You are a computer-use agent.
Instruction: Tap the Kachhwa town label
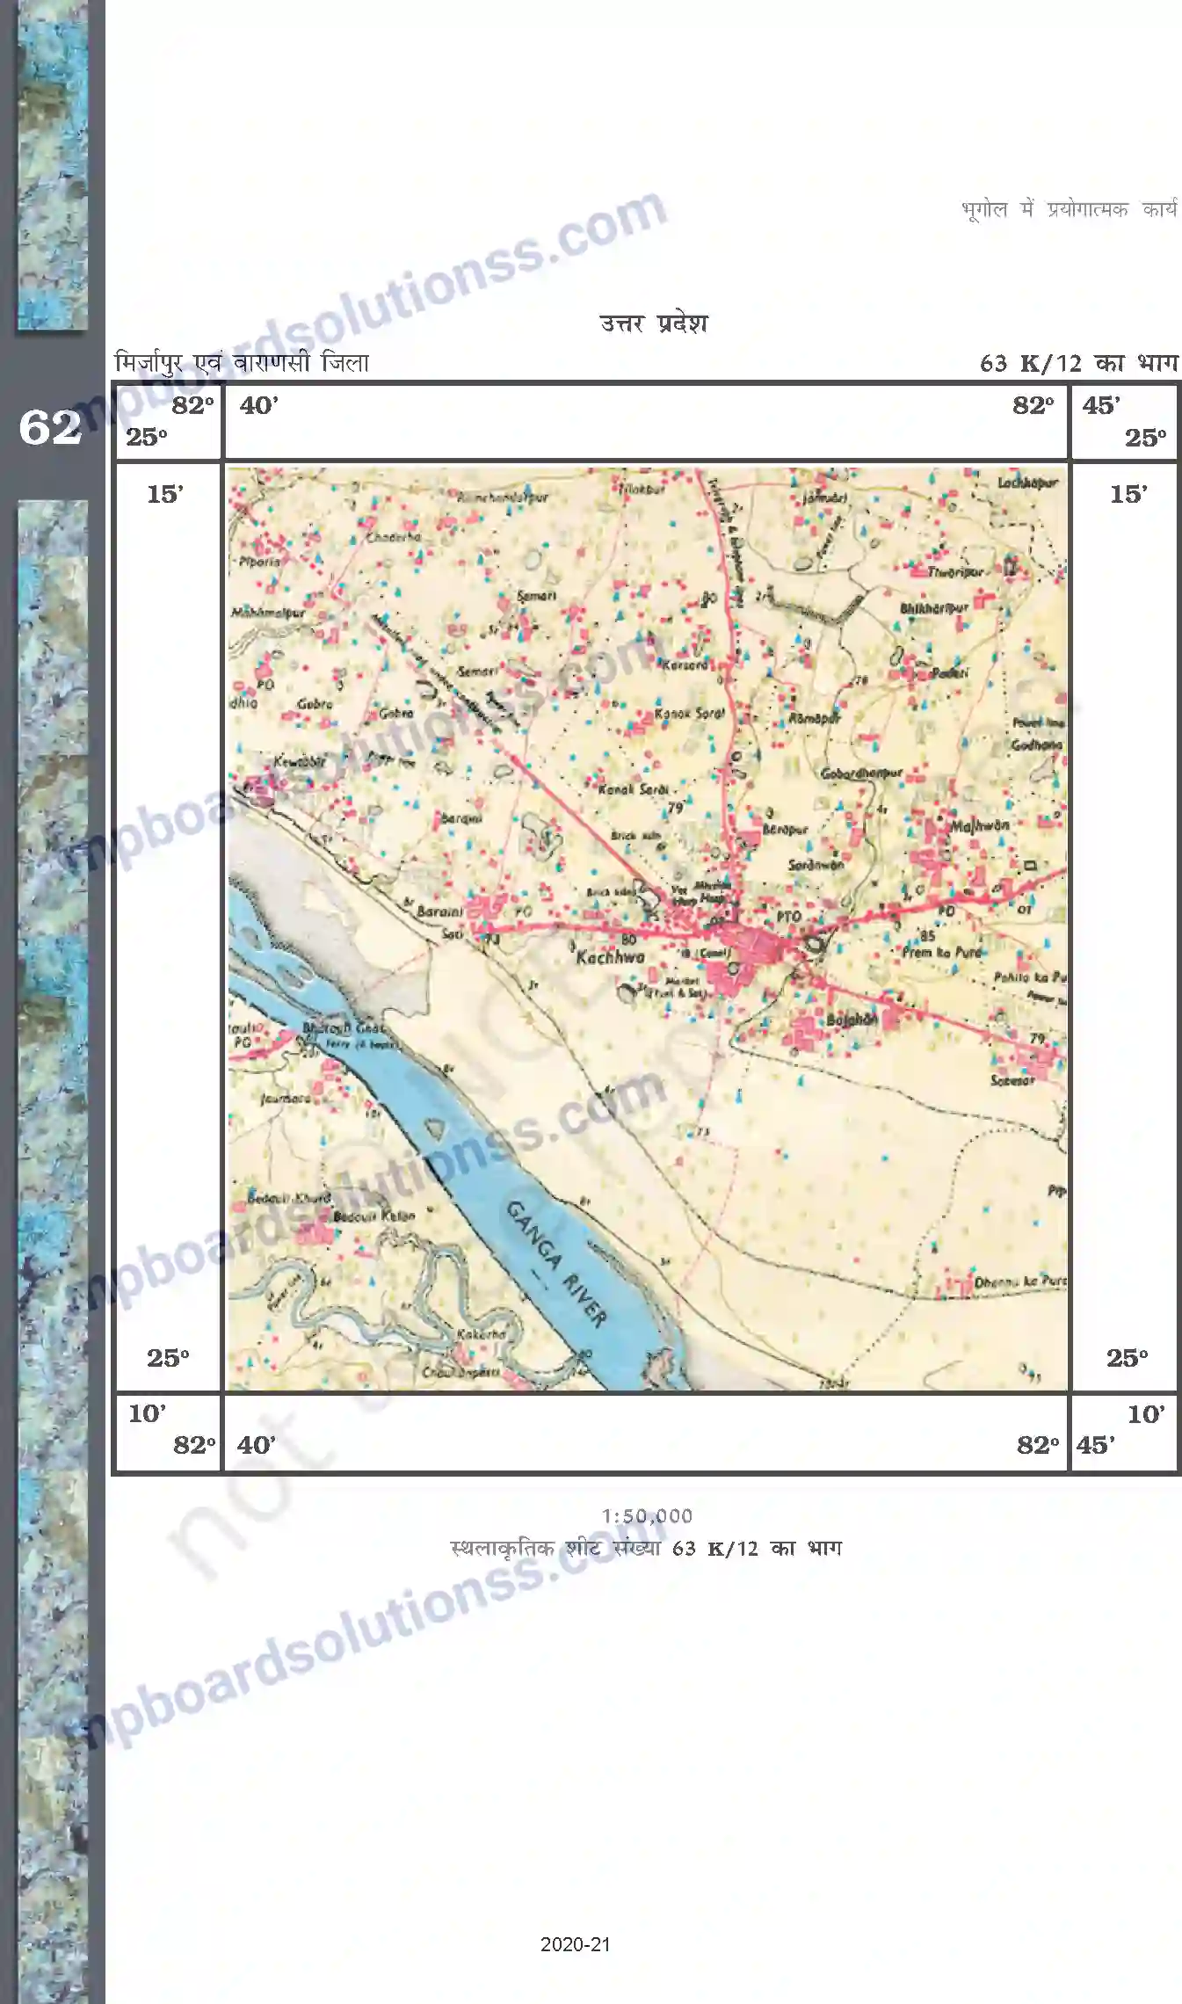[x=610, y=957]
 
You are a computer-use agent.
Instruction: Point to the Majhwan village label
[x=979, y=826]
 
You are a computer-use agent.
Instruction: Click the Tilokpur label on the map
[x=642, y=489]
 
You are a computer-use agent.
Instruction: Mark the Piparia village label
[x=259, y=561]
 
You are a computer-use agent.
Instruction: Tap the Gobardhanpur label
[x=861, y=773]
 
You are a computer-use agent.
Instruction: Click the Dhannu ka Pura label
[x=1019, y=1282]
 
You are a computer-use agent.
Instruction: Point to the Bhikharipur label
[x=933, y=607]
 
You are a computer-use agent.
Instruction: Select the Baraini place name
[x=439, y=911]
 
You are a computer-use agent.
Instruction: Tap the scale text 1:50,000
[x=647, y=1516]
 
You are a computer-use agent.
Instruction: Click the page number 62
[x=49, y=428]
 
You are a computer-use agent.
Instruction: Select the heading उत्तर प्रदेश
[x=653, y=323]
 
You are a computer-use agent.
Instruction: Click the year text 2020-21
[x=575, y=1945]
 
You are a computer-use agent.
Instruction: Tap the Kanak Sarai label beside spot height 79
[x=633, y=789]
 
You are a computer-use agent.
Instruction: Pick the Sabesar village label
[x=1012, y=1080]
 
